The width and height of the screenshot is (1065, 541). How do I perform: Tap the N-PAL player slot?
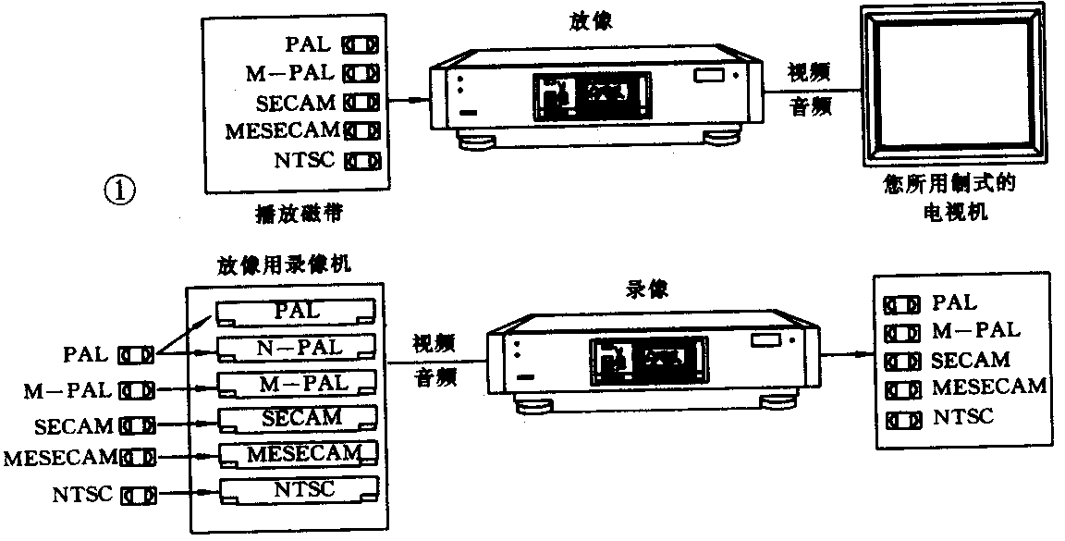296,349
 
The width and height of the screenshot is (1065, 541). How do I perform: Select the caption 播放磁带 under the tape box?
293,215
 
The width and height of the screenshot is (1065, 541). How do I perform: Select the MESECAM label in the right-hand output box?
988,386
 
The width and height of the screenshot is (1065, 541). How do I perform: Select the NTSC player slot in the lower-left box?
296,489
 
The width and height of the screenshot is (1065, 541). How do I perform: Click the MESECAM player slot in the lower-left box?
299,454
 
